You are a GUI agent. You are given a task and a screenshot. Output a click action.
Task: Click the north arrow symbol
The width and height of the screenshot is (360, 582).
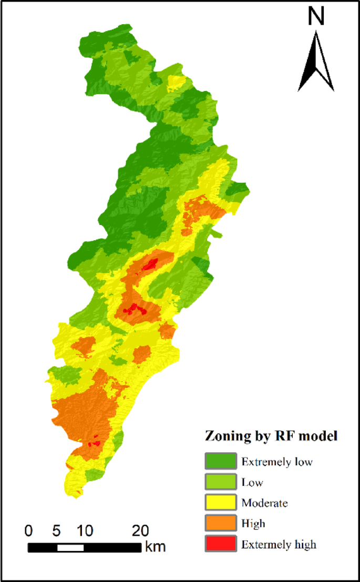(x=316, y=62)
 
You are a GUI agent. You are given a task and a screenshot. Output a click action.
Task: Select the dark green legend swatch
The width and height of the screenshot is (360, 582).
(x=221, y=462)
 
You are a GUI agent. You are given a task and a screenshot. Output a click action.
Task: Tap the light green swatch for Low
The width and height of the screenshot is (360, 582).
(x=221, y=482)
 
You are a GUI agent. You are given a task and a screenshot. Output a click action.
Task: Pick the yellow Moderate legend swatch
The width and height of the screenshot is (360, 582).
(x=221, y=503)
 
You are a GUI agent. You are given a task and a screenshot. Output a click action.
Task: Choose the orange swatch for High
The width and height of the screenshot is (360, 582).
(x=221, y=523)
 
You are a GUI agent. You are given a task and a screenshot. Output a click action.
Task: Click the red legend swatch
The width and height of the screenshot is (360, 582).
(x=221, y=544)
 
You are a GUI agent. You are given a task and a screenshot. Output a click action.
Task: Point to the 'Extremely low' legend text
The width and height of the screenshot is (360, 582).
(x=277, y=462)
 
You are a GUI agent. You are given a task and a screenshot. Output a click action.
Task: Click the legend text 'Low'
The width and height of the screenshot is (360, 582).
(x=252, y=483)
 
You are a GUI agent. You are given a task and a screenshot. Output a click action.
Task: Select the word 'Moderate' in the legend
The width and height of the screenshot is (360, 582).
(x=264, y=503)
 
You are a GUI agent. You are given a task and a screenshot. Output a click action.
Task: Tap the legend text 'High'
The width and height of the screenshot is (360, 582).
(x=253, y=524)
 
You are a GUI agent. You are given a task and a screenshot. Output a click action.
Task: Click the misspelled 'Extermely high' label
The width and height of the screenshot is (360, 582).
(x=279, y=544)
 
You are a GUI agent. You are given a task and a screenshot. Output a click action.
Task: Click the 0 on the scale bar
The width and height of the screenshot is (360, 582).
(x=28, y=529)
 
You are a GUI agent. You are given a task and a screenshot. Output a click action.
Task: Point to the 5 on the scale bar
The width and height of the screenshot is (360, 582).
(x=57, y=529)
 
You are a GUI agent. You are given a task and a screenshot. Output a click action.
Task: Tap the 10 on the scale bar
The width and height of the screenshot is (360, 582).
(x=84, y=529)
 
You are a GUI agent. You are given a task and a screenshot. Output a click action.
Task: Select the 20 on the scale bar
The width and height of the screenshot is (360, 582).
(x=140, y=529)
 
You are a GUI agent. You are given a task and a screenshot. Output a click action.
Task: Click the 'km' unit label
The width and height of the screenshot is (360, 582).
(x=156, y=547)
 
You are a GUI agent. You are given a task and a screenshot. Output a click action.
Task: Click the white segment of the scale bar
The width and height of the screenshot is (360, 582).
(x=70, y=547)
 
